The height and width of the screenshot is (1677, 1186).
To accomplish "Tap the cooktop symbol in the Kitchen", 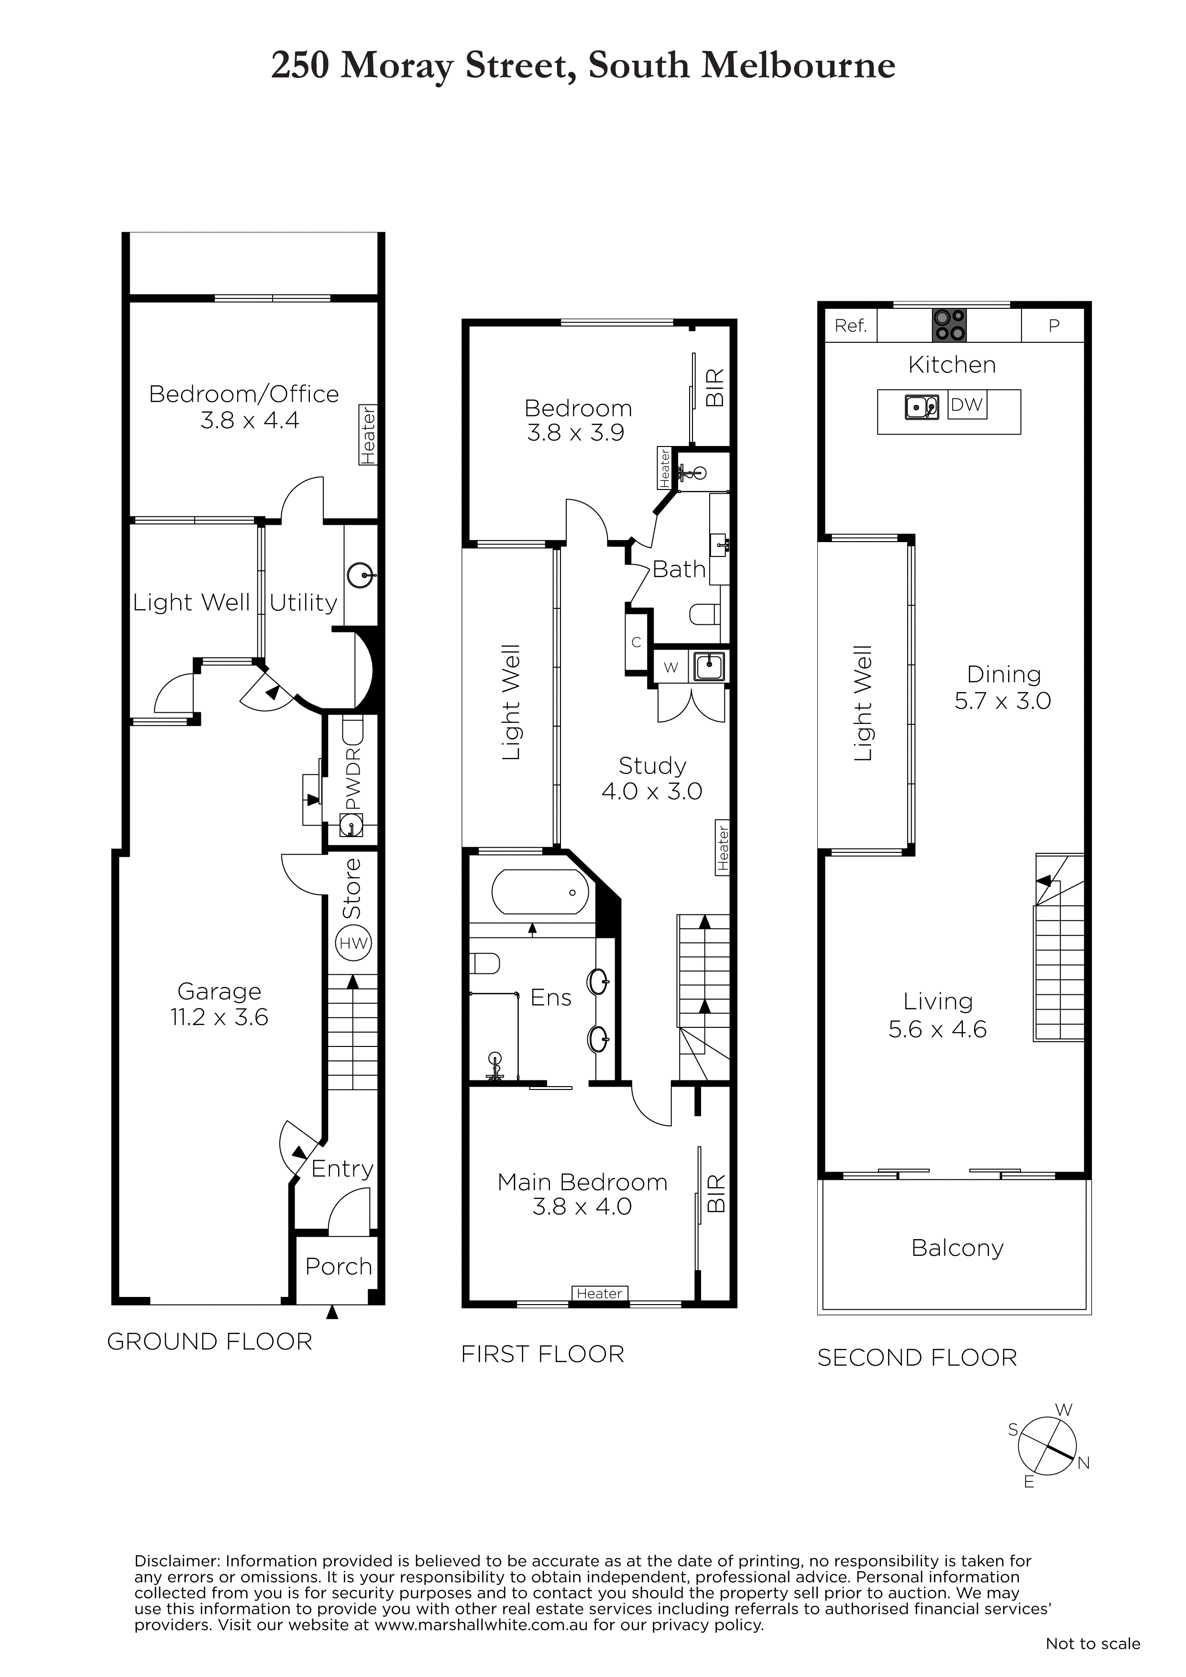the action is (x=949, y=325).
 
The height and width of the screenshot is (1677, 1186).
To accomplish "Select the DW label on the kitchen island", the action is (x=967, y=404).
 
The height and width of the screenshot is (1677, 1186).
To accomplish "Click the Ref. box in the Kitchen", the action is (x=851, y=326).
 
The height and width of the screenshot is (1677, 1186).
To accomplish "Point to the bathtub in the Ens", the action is (x=540, y=892).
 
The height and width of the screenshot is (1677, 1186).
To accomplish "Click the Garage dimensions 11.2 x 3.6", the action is (x=219, y=1017).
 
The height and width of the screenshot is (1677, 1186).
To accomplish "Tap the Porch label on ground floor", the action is (x=338, y=1266).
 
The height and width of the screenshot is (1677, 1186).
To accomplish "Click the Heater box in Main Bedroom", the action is (x=599, y=1294).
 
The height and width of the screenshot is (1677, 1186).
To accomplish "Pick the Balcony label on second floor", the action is (x=957, y=1248).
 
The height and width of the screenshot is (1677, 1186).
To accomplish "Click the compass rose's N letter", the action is (x=1084, y=1462).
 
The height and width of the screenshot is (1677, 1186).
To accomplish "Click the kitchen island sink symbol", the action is (x=922, y=406).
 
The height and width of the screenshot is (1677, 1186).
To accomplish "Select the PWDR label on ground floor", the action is (x=353, y=779).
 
